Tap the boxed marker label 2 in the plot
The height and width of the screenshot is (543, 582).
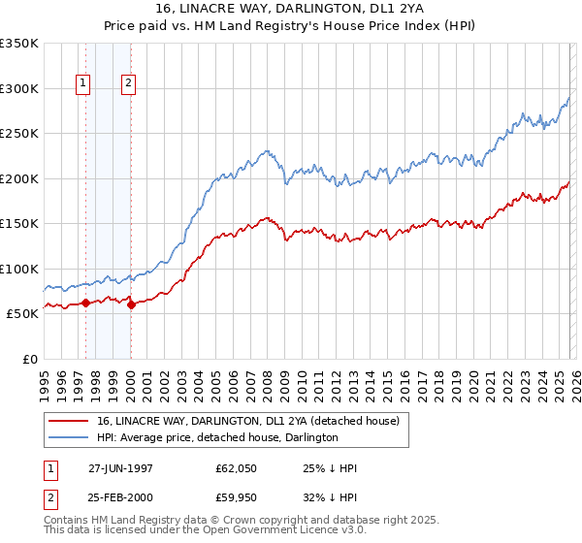tap(129, 84)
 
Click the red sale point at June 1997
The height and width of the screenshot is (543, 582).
tap(85, 303)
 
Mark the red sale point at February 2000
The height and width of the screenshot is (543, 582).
tap(131, 304)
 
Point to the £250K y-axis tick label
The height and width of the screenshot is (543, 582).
tap(19, 134)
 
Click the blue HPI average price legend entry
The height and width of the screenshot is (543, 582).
tap(217, 437)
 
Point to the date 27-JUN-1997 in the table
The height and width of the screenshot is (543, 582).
tap(121, 468)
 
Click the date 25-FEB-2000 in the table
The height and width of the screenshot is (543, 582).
tap(121, 497)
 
